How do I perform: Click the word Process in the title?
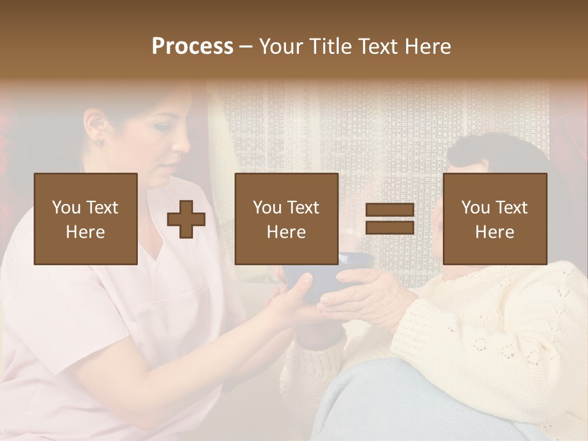(x=192, y=47)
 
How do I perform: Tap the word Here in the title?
(x=427, y=47)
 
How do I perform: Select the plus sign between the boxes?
(x=186, y=219)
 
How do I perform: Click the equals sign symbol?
(x=390, y=219)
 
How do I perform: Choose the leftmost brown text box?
(x=85, y=219)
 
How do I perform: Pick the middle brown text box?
(x=286, y=219)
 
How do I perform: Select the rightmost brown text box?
(x=494, y=219)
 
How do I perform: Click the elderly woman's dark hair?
(x=496, y=153)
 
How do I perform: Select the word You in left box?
(x=66, y=208)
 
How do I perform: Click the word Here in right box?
(x=494, y=232)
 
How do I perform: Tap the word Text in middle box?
(x=304, y=208)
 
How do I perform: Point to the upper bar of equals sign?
(x=390, y=210)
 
